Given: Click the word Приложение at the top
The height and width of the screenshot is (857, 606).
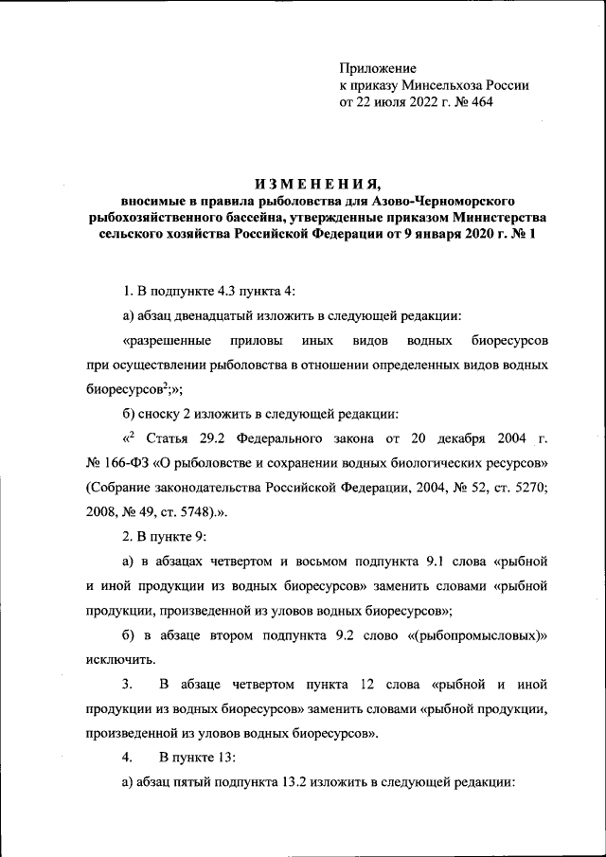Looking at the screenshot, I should click(378, 67).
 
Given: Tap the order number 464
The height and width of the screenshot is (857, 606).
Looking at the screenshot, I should click(480, 101).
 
